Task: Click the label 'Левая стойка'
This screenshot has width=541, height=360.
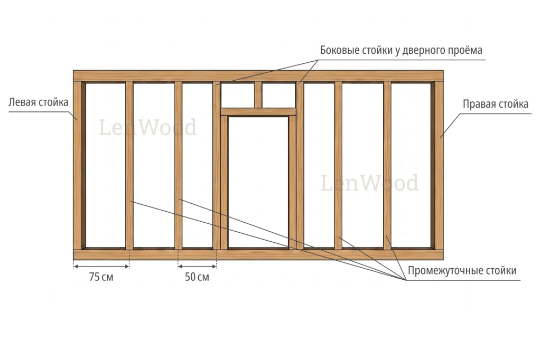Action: tap(38, 102)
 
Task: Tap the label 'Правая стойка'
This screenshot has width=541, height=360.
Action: tap(496, 104)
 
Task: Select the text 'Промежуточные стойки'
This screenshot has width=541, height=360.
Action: tap(462, 270)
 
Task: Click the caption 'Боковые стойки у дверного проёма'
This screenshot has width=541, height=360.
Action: tap(401, 50)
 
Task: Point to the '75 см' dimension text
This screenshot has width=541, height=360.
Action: tap(101, 277)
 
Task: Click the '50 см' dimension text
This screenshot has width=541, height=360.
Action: tap(197, 277)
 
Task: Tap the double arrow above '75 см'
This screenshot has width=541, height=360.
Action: tap(101, 266)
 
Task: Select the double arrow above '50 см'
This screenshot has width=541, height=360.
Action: tap(197, 266)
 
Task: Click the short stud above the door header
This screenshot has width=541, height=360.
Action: tap(258, 94)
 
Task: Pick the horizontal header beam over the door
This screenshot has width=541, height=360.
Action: tap(258, 112)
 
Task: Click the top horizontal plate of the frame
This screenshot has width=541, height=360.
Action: tap(258, 76)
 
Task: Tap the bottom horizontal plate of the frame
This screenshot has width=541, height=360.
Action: tap(258, 254)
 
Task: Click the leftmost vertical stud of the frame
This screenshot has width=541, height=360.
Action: tap(78, 166)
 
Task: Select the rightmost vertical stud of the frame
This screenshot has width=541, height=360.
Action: tap(439, 166)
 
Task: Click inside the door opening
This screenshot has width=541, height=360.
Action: tap(258, 183)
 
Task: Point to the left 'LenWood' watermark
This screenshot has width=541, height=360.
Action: tap(148, 127)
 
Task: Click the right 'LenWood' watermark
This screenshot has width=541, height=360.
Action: tap(369, 183)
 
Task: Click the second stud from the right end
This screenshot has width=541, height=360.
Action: tap(387, 166)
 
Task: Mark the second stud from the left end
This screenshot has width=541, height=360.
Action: tap(129, 166)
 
